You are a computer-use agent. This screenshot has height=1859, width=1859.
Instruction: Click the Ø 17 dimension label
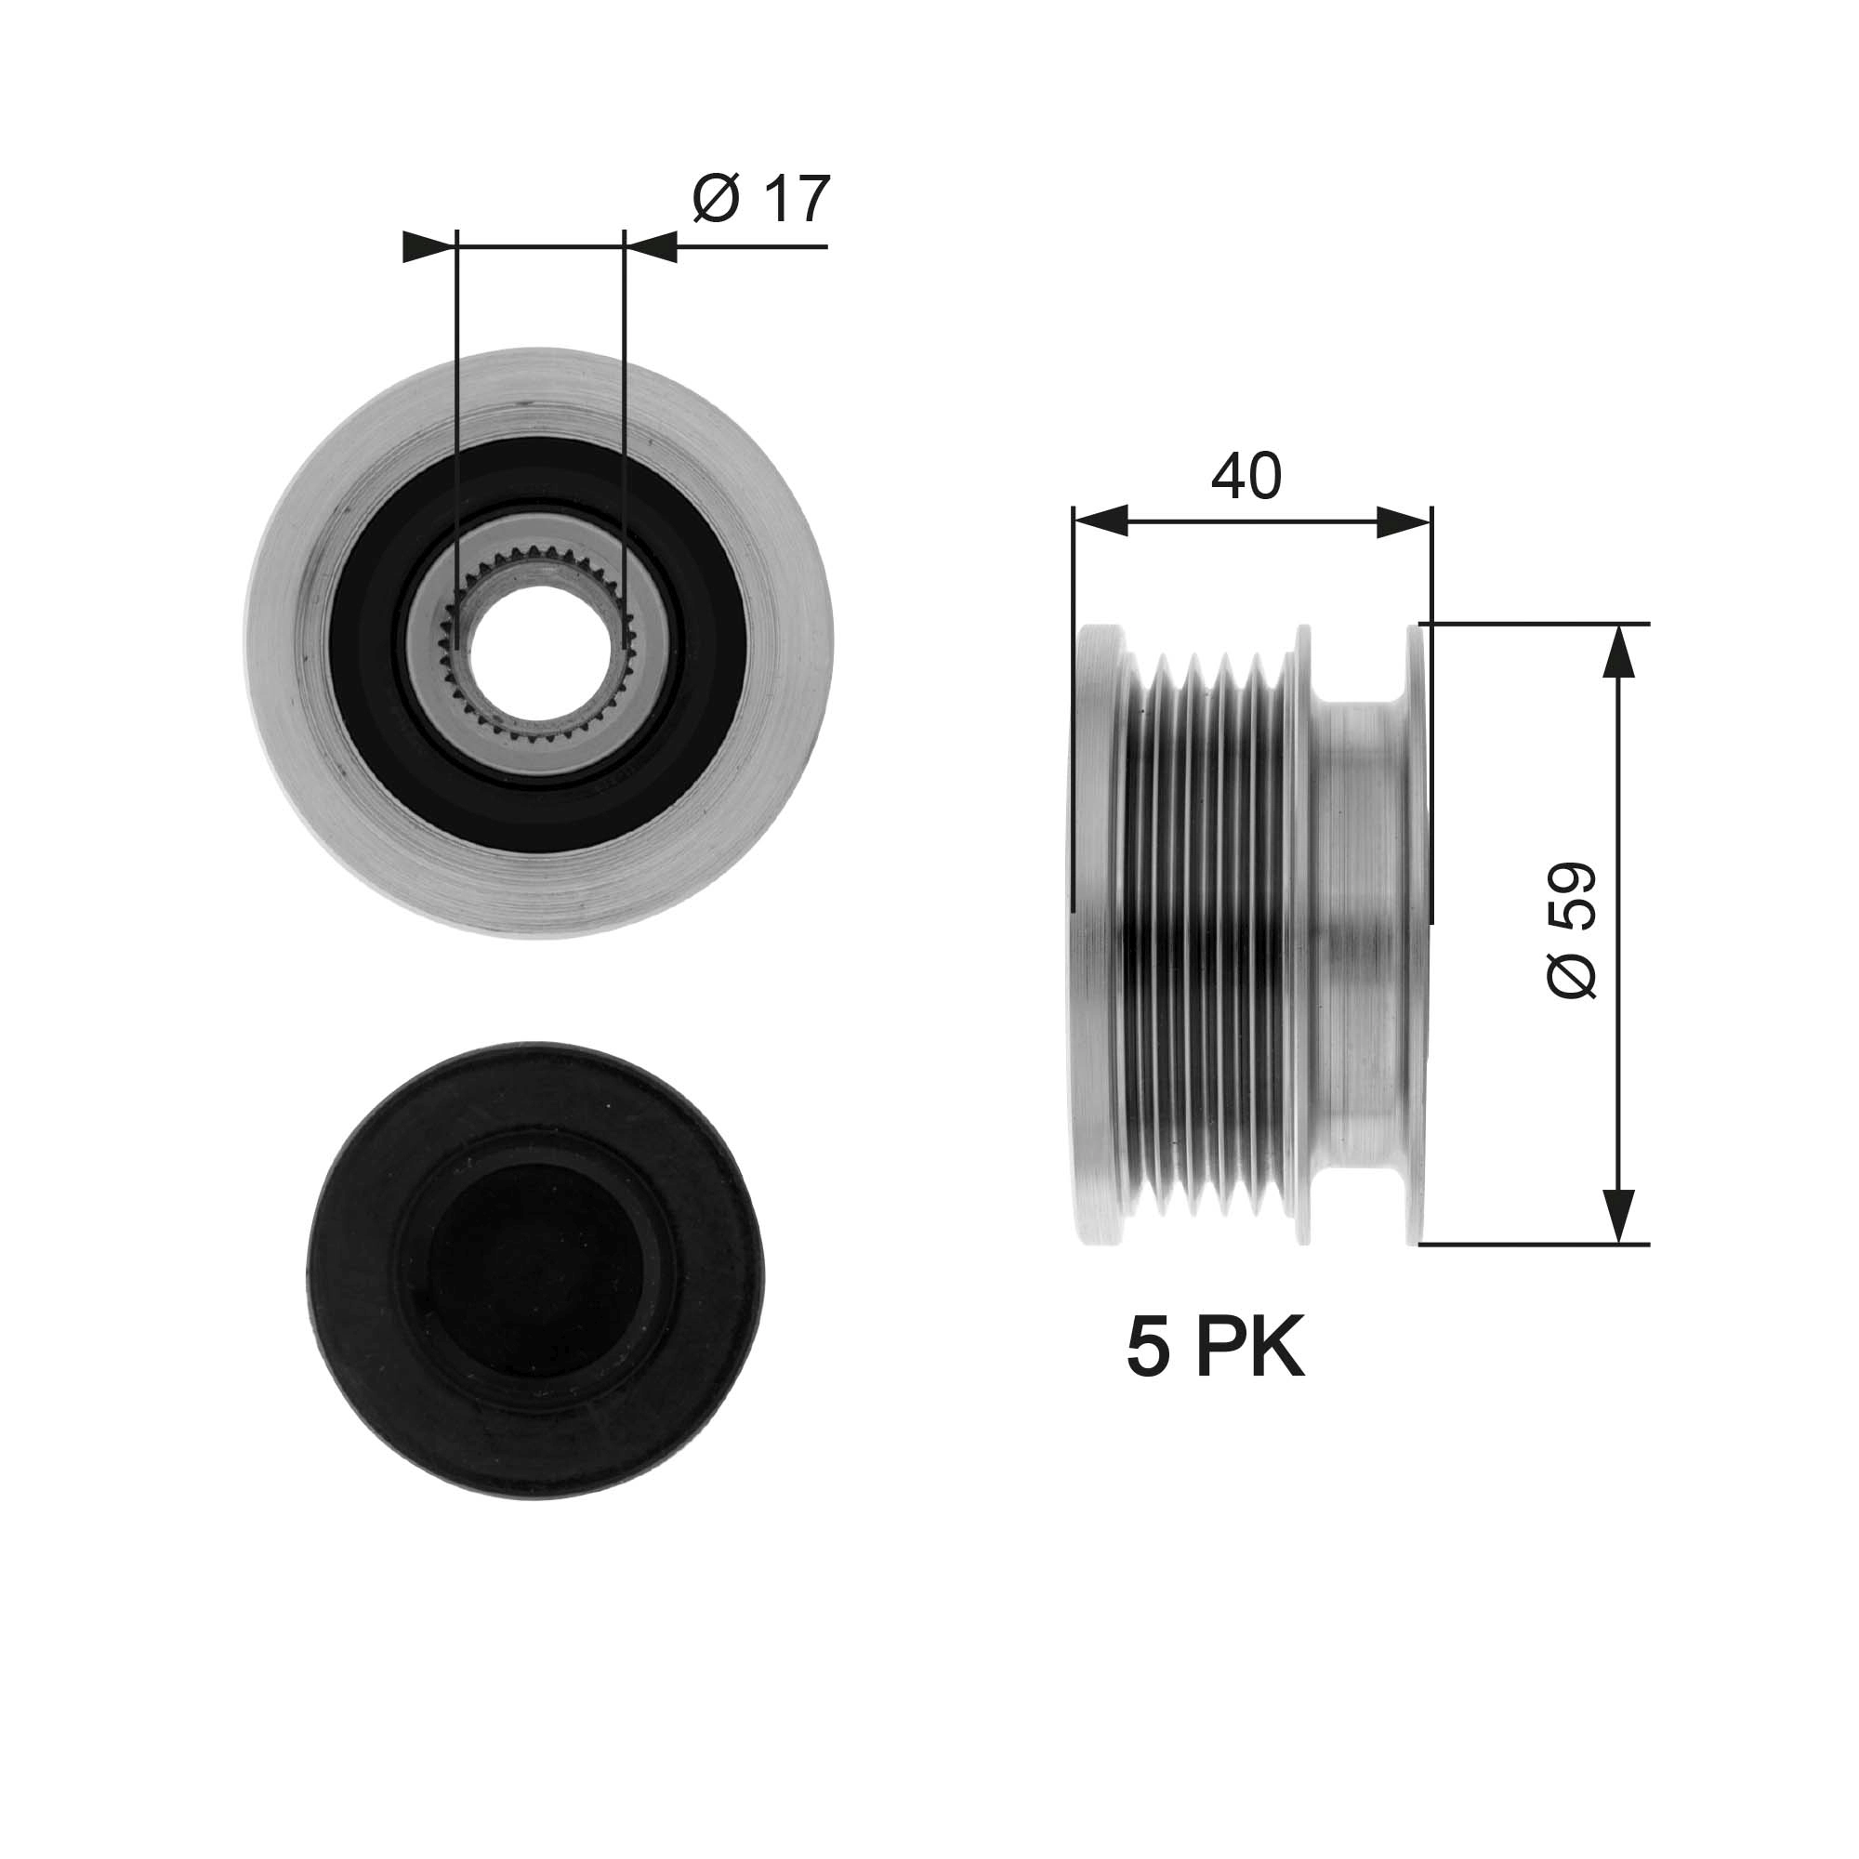tap(760, 199)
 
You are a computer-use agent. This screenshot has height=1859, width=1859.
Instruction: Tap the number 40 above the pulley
tap(1246, 475)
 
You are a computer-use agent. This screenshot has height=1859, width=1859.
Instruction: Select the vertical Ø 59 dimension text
tap(1571, 929)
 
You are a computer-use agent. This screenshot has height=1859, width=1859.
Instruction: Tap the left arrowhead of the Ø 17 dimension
tap(427, 247)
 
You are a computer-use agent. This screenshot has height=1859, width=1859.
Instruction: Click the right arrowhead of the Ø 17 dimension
tap(653, 247)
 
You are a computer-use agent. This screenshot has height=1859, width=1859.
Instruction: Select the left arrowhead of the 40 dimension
tap(1101, 522)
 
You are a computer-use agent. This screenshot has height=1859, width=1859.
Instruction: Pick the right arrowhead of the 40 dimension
tap(1404, 522)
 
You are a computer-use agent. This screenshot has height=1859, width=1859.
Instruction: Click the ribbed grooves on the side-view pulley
tap(1207, 933)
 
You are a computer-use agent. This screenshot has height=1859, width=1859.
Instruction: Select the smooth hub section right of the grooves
tap(1357, 933)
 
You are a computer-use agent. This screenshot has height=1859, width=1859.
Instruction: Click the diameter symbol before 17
tap(716, 199)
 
